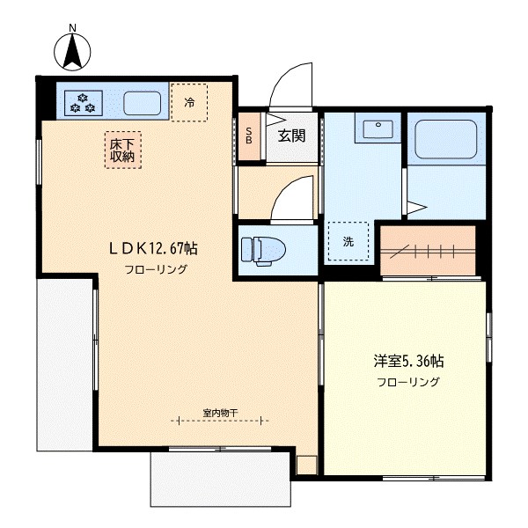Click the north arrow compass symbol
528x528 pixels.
click(x=72, y=52)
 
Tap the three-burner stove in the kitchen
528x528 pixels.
click(x=84, y=103)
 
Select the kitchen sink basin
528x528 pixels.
click(x=142, y=103)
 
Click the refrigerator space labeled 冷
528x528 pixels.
click(x=189, y=102)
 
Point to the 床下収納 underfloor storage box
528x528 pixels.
click(x=122, y=150)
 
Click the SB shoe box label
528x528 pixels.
click(x=249, y=136)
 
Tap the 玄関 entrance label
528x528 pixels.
click(x=291, y=136)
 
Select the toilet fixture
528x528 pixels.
click(x=264, y=251)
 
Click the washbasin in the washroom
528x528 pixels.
click(x=378, y=129)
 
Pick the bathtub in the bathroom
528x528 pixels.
click(x=446, y=139)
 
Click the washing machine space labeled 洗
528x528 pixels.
click(x=348, y=241)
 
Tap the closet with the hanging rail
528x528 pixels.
click(x=428, y=251)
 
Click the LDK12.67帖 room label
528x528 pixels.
click(x=153, y=248)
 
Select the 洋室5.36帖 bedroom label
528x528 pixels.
click(x=408, y=361)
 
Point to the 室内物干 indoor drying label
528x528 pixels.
click(x=220, y=413)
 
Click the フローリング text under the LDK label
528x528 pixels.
click(x=156, y=269)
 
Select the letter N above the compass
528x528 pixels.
click(x=72, y=28)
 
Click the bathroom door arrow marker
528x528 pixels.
click(x=417, y=208)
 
